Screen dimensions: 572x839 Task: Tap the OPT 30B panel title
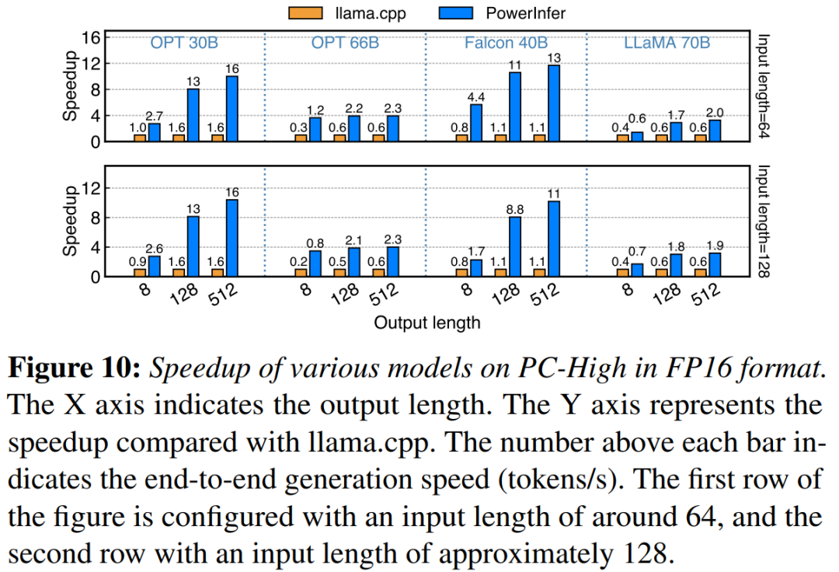click(184, 43)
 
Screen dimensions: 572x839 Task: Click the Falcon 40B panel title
click(506, 43)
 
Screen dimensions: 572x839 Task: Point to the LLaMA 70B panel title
click(667, 43)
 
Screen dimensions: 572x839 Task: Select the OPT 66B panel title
click(345, 43)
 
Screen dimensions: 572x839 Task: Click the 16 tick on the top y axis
click(92, 37)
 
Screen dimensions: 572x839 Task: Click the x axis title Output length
click(426, 322)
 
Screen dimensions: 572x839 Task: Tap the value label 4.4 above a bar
click(476, 97)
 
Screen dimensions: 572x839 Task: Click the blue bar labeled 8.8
click(515, 246)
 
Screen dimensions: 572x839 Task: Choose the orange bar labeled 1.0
click(140, 138)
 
